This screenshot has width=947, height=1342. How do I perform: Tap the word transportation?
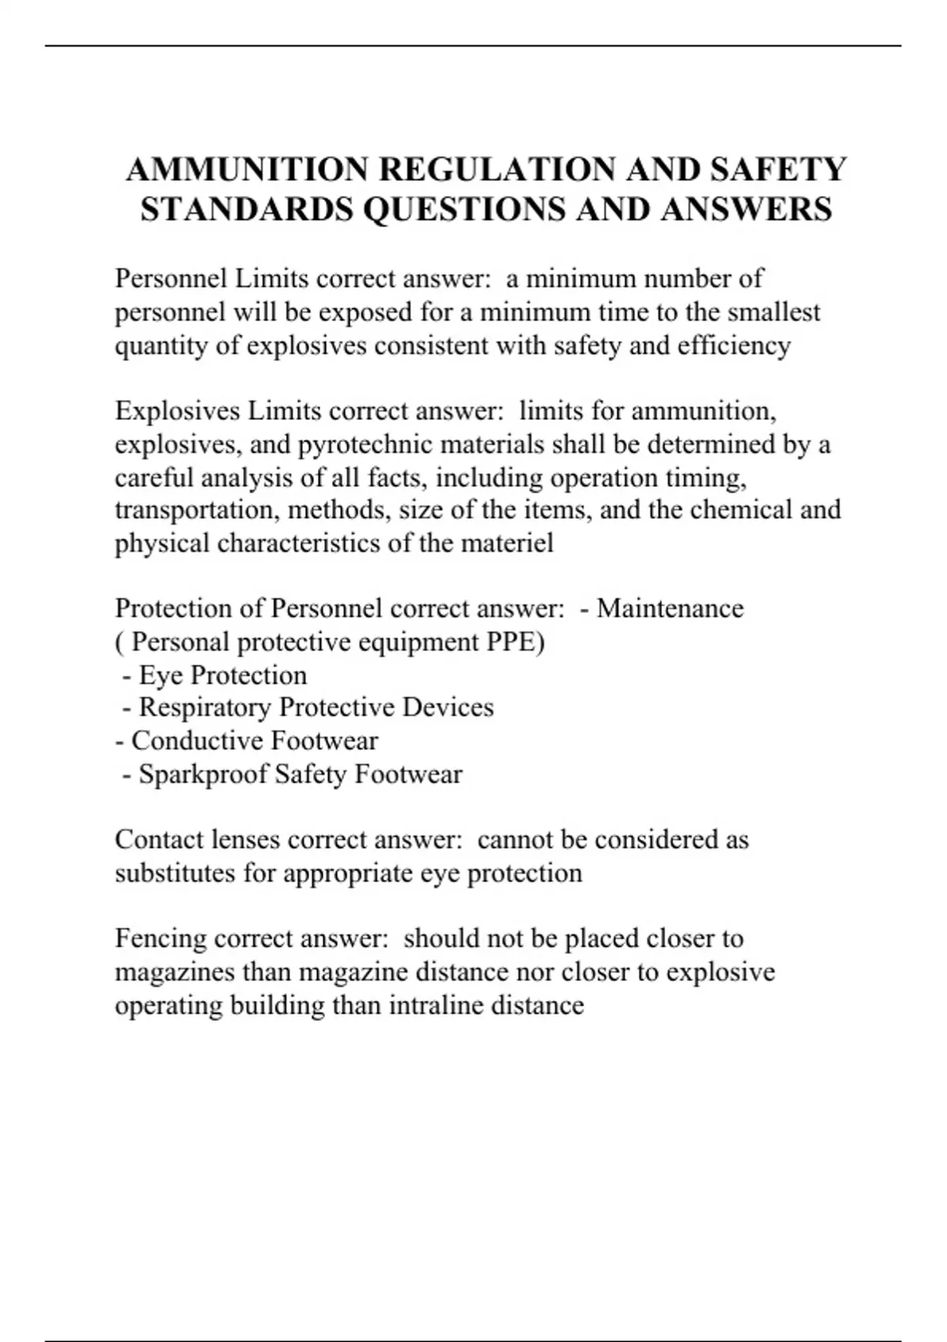point(197,511)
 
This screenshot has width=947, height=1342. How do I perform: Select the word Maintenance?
point(670,609)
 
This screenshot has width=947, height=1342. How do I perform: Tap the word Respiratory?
point(205,707)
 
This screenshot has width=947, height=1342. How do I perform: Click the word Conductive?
point(197,741)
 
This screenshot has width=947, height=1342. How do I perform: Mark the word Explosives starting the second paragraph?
point(177,411)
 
